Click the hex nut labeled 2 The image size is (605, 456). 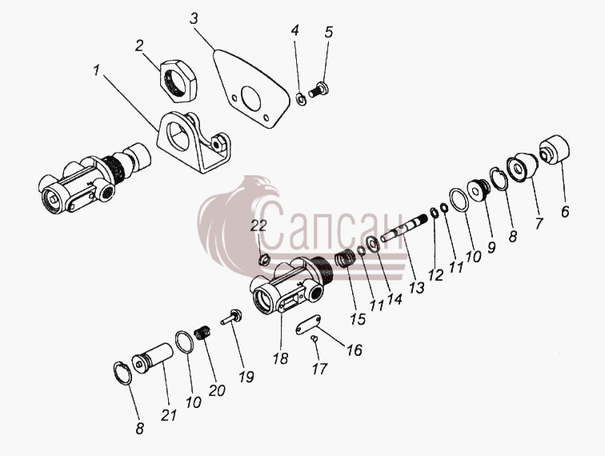[178, 81]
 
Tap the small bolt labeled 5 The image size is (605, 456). [319, 90]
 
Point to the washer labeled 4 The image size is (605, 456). [301, 98]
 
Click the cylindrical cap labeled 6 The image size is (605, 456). [555, 150]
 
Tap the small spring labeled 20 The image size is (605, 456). [203, 333]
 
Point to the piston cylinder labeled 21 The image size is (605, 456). [152, 358]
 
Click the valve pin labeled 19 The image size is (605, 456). [231, 317]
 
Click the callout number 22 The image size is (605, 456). [258, 226]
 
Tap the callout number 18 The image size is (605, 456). [281, 358]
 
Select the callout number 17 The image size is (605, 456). [319, 369]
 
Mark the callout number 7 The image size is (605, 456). [539, 223]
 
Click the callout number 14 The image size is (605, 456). [395, 300]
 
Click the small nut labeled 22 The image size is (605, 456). [263, 261]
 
